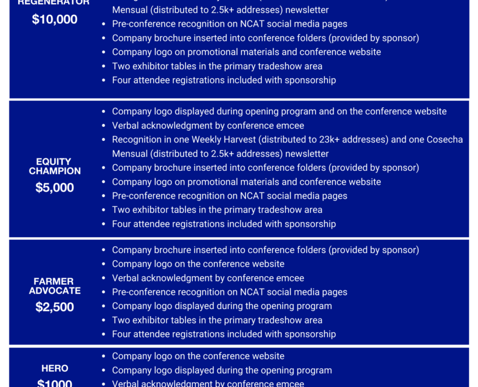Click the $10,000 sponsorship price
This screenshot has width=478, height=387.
(54, 19)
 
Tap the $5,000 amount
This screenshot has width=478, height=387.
(54, 187)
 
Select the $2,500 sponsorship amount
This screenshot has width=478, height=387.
(54, 307)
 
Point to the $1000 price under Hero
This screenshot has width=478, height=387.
(54, 383)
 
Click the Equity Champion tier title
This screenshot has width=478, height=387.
(54, 166)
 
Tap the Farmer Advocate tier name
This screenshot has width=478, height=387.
(54, 286)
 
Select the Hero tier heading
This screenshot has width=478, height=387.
(54, 368)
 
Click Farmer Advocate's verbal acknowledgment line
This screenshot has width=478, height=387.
(208, 278)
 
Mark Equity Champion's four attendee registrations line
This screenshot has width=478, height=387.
(223, 223)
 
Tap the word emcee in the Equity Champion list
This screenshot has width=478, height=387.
(292, 126)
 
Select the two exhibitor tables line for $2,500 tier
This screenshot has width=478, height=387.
(217, 320)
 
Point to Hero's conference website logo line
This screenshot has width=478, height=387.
(198, 356)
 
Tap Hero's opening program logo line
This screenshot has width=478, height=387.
(222, 370)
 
